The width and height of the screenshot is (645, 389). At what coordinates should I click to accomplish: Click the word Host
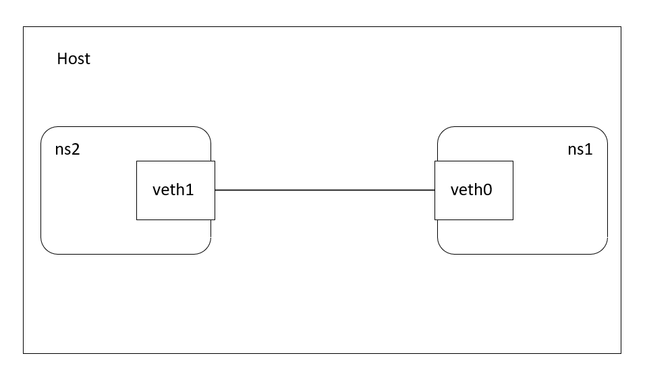click(74, 59)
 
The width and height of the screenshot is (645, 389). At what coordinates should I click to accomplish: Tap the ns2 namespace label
click(67, 149)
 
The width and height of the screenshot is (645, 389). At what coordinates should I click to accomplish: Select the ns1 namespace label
click(580, 149)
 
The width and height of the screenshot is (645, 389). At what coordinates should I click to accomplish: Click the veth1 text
click(173, 190)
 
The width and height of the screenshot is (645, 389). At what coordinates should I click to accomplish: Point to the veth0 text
click(471, 190)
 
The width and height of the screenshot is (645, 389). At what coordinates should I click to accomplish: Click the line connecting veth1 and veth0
click(325, 190)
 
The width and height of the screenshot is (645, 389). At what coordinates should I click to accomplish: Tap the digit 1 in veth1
click(190, 190)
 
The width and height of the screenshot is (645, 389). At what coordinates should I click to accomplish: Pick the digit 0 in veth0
click(487, 190)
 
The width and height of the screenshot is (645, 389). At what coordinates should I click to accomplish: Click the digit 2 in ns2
click(76, 149)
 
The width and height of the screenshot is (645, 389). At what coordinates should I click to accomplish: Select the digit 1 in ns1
click(589, 149)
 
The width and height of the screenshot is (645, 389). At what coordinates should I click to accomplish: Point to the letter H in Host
click(61, 59)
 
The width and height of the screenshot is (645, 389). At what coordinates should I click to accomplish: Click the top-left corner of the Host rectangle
click(24, 27)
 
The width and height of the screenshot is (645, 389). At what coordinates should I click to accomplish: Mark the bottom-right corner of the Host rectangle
click(621, 353)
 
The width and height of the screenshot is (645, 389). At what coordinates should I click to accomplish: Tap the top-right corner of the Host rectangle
click(621, 27)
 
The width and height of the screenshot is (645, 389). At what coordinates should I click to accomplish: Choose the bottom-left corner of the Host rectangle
click(24, 353)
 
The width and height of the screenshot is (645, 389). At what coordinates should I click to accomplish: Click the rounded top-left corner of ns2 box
click(46, 132)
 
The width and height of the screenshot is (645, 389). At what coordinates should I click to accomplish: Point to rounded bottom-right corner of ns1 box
click(602, 249)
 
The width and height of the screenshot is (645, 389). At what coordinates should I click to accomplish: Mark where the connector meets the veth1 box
click(215, 190)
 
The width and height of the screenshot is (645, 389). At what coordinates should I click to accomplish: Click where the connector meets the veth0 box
click(434, 190)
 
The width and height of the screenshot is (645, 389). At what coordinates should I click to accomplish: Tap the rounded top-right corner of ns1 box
click(602, 132)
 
